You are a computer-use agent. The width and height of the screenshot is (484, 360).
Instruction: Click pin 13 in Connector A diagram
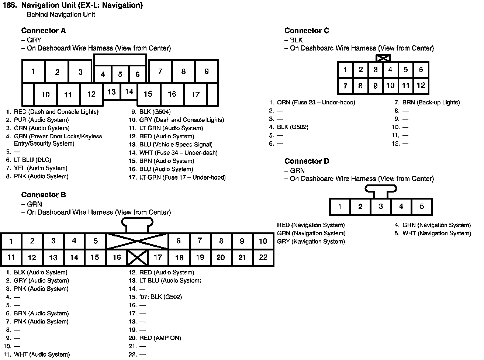click(111, 92)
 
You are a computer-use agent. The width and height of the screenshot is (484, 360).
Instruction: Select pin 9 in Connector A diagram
click(207, 71)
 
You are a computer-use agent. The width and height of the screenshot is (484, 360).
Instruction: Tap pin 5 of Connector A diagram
click(120, 75)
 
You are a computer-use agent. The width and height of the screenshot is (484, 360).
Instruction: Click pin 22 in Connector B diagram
click(263, 257)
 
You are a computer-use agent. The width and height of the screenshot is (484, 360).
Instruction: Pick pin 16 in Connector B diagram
click(117, 257)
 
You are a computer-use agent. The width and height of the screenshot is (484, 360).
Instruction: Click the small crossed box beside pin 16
click(137, 257)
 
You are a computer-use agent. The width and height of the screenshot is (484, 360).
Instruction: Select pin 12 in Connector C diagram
click(421, 86)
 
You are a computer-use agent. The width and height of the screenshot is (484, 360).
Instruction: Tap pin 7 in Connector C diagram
click(345, 86)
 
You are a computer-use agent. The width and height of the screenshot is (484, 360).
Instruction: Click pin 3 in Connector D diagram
click(381, 207)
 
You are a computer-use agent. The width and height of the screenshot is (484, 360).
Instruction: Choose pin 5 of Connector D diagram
click(422, 207)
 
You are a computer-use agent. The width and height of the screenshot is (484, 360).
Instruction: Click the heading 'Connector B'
click(44, 195)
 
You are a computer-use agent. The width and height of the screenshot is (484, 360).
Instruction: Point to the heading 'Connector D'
click(307, 161)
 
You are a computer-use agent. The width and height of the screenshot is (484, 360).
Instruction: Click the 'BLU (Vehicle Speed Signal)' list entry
click(176, 145)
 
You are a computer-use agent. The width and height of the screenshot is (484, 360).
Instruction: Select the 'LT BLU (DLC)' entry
click(32, 160)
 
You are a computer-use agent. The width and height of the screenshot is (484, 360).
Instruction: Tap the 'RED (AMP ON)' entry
click(160, 338)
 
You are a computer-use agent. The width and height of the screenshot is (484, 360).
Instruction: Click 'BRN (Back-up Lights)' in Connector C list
click(431, 103)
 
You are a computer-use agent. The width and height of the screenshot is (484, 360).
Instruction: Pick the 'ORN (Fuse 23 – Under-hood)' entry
click(316, 103)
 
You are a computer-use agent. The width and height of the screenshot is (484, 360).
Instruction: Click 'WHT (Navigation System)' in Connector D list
click(436, 233)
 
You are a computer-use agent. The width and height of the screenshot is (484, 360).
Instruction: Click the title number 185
click(10, 5)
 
